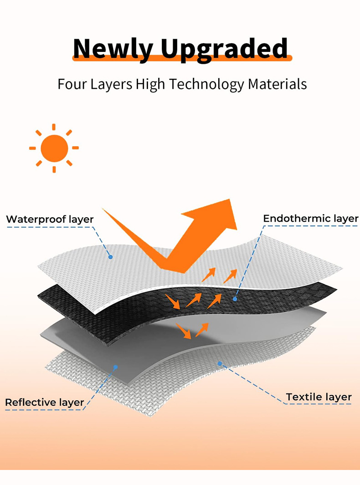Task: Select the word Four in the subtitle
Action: point(71,84)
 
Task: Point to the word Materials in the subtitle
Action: point(277,84)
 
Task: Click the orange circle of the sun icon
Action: point(54,148)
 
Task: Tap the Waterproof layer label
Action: point(50,220)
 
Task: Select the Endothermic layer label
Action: point(311,219)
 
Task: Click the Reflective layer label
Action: point(45,403)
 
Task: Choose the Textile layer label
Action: point(319,397)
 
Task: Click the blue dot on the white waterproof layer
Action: point(111,257)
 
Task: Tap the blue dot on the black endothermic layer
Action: point(235,299)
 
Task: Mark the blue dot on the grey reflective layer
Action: point(116,367)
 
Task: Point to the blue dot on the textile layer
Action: point(220,363)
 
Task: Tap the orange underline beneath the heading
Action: point(182,58)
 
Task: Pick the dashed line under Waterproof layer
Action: point(50,228)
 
